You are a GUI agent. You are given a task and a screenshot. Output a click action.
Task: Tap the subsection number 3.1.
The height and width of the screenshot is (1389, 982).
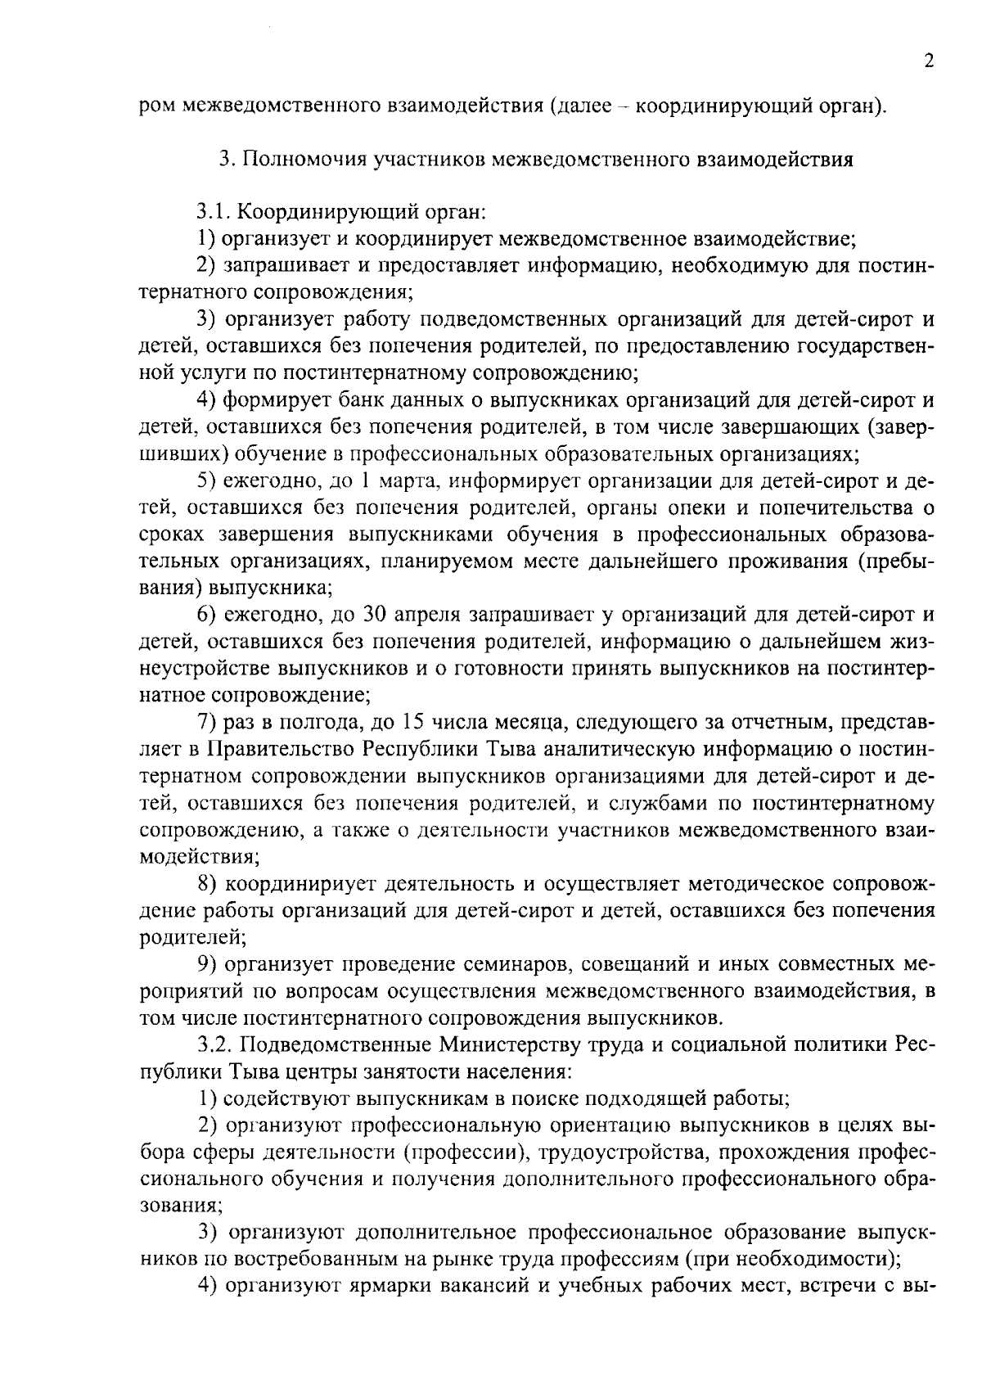tap(215, 213)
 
